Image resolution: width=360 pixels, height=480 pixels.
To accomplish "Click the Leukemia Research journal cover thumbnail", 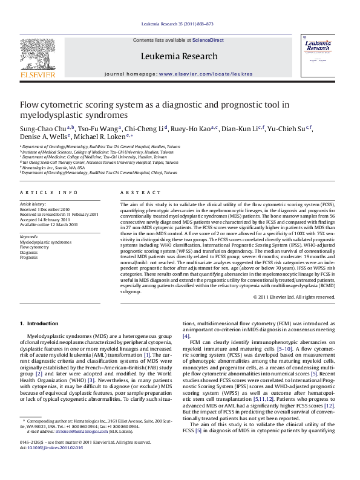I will [x=321, y=57].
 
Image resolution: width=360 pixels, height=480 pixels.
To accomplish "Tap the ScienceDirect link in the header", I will [x=208, y=40].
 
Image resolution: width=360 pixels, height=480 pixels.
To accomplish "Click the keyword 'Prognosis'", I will [x=28, y=257].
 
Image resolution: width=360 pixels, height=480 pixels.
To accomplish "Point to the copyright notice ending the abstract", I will [x=295, y=297].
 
